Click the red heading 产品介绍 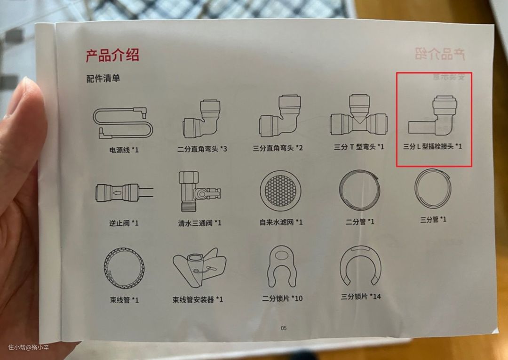click(x=112, y=55)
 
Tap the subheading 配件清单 click(x=103, y=79)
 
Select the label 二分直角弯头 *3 click(x=202, y=149)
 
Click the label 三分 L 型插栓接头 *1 click(x=433, y=146)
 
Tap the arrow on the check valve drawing click(x=117, y=193)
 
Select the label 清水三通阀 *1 click(x=199, y=223)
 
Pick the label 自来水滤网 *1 click(x=281, y=222)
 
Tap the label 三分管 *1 click(x=433, y=219)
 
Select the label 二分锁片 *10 click(x=282, y=298)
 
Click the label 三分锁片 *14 click(x=361, y=296)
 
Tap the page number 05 click(x=284, y=328)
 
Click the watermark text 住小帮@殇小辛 click(x=29, y=347)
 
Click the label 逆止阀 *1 click(x=124, y=223)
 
